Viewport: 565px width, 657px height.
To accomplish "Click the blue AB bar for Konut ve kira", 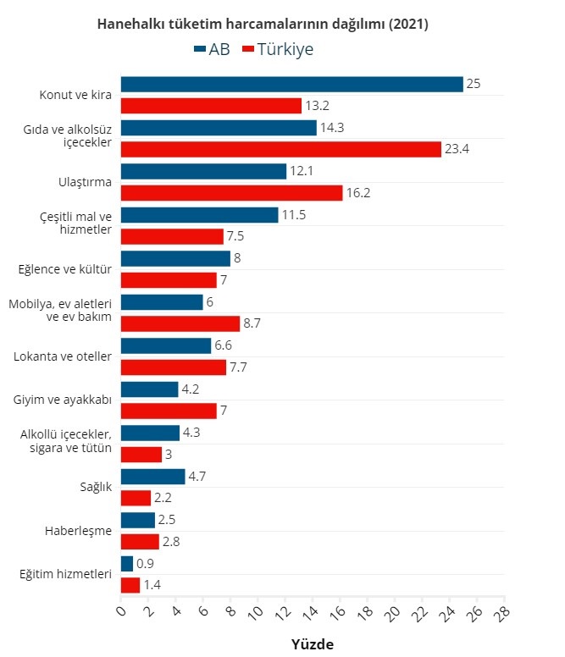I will coord(291,84).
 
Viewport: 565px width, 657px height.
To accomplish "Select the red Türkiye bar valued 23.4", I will coord(281,149).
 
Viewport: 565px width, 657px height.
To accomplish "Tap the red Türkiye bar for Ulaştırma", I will coord(231,193).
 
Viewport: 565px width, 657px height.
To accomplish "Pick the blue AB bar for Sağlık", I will coord(152,477).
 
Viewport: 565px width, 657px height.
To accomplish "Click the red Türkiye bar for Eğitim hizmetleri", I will coord(130,585).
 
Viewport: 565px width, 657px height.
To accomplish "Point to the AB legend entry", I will coord(212,49).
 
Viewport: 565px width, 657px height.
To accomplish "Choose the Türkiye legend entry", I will coord(278,49).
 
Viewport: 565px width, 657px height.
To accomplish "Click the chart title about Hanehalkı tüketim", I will coord(263,25).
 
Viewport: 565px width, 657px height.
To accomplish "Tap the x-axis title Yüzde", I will coord(313,644).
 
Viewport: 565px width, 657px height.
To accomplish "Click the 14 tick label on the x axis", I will coord(311,610).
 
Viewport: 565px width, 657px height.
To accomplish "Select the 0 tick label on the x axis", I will coord(121,610).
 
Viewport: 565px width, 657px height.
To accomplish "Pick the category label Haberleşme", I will coord(79,531).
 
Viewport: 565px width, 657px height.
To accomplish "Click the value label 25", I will coord(474,84).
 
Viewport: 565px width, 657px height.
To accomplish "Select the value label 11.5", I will coord(294,215).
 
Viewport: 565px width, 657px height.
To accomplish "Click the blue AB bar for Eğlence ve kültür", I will coord(175,258).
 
